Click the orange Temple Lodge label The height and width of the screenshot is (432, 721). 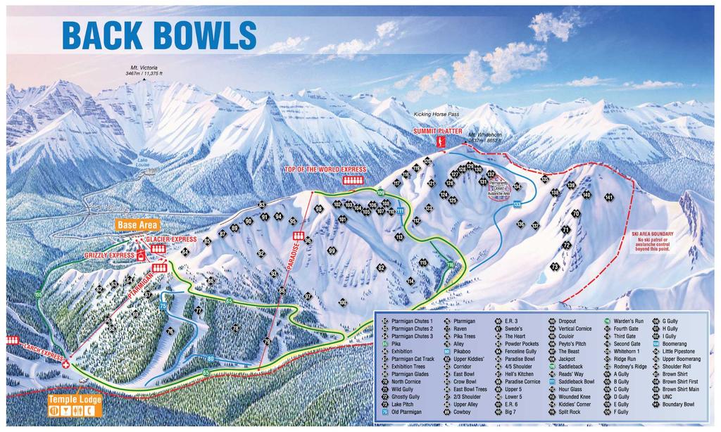point(75,400)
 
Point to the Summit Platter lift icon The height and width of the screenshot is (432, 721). point(441,143)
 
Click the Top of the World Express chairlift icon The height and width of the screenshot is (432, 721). point(350,180)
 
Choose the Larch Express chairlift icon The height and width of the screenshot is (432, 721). point(12,341)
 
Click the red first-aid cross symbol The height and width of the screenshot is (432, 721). point(65,365)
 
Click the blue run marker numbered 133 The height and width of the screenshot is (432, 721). point(517,204)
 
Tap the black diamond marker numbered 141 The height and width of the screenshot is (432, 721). point(609,197)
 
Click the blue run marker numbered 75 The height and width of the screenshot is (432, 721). point(163,306)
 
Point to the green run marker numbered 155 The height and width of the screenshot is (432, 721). point(39,294)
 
